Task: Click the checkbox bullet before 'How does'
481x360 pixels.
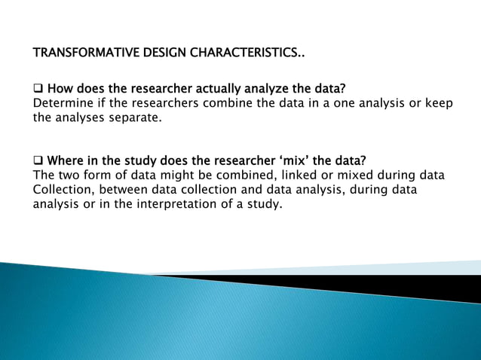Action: pos(38,90)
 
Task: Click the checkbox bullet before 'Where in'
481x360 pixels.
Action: pos(38,161)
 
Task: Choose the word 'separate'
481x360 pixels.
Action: pos(134,117)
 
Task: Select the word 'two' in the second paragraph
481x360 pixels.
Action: pos(69,175)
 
